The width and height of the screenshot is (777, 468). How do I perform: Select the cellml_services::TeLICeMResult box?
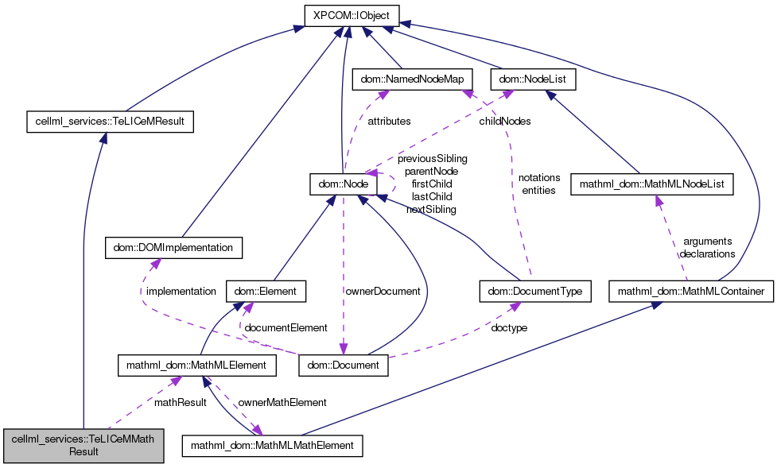[x=110, y=122]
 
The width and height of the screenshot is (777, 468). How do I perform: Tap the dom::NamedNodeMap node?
[x=412, y=79]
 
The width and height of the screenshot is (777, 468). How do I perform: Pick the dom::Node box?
[x=344, y=185]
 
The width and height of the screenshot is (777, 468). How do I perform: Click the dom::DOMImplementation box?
[x=173, y=248]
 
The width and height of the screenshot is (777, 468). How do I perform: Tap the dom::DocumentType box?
[x=535, y=292]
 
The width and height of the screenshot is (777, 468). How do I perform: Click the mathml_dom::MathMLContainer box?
[x=691, y=292]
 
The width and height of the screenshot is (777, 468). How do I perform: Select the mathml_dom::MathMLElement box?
[x=196, y=366]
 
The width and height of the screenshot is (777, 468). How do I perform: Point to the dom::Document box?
[x=344, y=366]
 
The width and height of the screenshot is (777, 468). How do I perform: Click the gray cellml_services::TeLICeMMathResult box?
[x=84, y=445]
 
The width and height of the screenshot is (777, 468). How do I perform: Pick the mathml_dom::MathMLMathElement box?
[x=273, y=445]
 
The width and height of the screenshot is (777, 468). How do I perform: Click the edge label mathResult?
[x=181, y=403]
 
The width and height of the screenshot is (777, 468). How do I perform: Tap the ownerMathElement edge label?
[x=282, y=403]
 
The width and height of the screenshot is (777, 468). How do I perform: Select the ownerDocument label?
[x=383, y=292]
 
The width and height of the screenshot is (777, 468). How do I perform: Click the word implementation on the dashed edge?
[x=181, y=292]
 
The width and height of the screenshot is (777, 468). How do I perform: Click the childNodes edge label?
[x=505, y=122]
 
